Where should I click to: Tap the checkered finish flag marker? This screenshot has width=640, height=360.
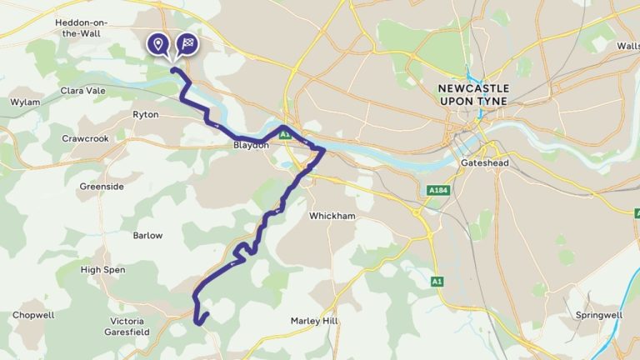(x=188, y=43)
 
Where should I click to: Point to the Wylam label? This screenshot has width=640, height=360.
(x=25, y=102)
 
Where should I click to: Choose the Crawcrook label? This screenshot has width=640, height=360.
(x=85, y=138)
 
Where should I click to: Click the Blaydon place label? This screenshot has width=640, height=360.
(x=251, y=145)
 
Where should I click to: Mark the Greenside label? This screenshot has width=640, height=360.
(x=102, y=187)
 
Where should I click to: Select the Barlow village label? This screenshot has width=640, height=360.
(x=147, y=235)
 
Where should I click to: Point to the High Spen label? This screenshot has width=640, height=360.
(x=102, y=270)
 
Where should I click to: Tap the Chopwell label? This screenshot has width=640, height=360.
(x=32, y=315)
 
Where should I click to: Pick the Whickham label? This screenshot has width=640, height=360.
(x=332, y=216)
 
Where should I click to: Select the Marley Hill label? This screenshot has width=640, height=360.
(x=316, y=320)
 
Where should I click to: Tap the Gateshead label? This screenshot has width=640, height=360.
(x=484, y=163)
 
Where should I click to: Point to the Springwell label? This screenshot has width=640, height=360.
(x=598, y=315)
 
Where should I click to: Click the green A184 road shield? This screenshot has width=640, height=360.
(x=438, y=191)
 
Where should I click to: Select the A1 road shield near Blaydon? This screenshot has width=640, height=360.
(x=284, y=134)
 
